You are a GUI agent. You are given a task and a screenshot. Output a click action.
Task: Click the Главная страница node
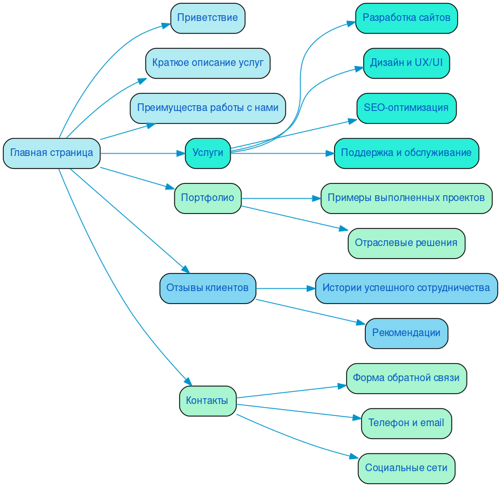tap(51, 153)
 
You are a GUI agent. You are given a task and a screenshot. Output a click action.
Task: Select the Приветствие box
tap(208, 18)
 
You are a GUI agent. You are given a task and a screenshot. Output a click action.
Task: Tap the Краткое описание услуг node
tap(208, 63)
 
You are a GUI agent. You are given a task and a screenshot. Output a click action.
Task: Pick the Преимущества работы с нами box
tap(208, 108)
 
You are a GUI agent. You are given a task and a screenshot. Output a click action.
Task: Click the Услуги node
tap(208, 153)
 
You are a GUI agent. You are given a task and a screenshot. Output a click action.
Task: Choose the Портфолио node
tap(208, 198)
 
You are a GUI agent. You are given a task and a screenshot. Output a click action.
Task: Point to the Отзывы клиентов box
tap(208, 288)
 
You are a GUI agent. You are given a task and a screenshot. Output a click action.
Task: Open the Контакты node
tap(208, 401)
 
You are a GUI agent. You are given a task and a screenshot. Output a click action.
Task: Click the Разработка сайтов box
tap(406, 18)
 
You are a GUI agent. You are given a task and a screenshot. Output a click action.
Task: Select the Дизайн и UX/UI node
tap(406, 63)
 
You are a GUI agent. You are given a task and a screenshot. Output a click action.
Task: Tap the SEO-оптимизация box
tap(406, 108)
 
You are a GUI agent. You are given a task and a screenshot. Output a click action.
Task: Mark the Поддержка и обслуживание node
tap(406, 153)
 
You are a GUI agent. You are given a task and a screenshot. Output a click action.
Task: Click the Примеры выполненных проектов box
tap(406, 198)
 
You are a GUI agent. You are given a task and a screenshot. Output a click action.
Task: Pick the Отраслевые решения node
tap(406, 243)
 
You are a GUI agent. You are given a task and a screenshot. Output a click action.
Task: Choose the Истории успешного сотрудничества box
tap(406, 288)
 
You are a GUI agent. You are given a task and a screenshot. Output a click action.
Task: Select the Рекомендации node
tap(406, 333)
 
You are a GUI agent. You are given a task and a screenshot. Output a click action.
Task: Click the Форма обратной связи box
tap(406, 378)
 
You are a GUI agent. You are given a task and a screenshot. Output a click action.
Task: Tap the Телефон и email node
tap(406, 423)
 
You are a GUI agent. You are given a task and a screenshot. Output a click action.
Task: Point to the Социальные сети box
tap(406, 468)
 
